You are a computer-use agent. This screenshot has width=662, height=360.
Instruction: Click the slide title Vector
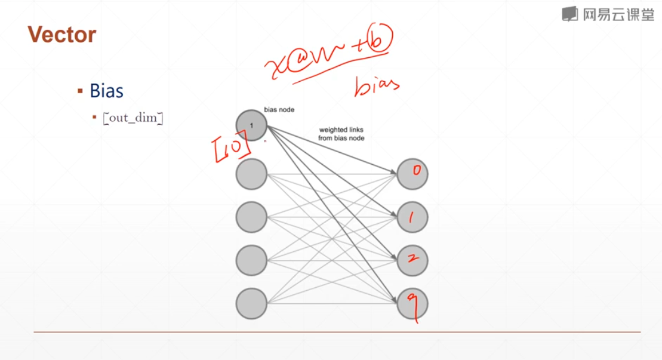point(61,35)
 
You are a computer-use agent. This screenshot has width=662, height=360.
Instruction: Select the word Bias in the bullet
point(106,91)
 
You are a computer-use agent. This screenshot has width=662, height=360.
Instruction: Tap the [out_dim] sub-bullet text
point(133,118)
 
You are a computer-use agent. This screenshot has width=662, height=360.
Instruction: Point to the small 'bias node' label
point(279,110)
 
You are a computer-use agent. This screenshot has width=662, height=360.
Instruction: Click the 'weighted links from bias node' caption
point(341,134)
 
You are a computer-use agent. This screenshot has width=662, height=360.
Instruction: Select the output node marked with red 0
point(412,173)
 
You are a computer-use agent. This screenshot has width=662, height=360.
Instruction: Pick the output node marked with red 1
point(412,217)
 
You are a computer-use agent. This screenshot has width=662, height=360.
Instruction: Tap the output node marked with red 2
point(412,260)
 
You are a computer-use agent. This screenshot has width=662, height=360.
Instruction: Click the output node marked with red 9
point(412,303)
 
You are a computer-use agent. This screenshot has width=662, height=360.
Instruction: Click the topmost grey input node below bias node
point(251,174)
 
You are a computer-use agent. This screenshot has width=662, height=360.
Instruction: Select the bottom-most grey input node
point(251,303)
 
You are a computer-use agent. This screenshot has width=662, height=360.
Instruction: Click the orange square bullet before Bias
point(79,91)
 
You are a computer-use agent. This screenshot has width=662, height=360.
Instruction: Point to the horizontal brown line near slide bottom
point(337,331)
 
